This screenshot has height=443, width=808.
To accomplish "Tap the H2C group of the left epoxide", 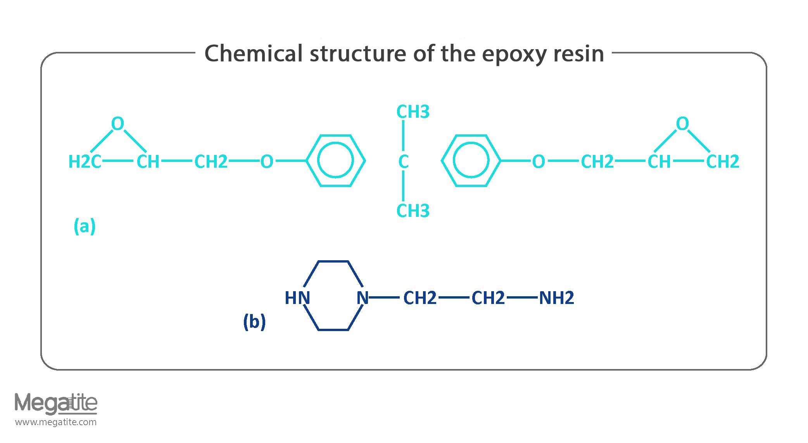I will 85,161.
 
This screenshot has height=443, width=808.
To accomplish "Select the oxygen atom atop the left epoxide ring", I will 117,124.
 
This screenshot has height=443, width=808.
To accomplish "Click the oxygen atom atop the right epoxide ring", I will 682,124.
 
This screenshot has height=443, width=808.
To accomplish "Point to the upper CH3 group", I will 413,112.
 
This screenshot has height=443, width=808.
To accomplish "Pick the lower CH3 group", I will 413,211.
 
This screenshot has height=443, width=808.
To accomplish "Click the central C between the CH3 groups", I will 403,161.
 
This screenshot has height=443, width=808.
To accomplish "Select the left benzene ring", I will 336,161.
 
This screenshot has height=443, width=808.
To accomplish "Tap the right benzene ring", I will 471,161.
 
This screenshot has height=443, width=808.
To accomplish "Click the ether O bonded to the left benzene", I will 267,161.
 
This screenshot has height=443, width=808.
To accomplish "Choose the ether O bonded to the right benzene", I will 538,161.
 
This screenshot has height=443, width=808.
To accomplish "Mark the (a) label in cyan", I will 85,226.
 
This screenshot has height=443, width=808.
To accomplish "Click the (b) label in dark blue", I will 254,321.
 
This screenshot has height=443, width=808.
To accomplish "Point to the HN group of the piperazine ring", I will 297,298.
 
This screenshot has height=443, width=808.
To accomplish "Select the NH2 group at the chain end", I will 556,298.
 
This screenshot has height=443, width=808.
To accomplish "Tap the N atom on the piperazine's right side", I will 362,298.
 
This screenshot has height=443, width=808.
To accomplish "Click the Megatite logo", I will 56,404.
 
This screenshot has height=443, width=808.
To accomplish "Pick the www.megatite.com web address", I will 56,422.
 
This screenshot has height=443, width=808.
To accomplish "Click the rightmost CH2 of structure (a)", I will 723,161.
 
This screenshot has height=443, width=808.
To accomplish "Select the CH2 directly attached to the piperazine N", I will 420,298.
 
